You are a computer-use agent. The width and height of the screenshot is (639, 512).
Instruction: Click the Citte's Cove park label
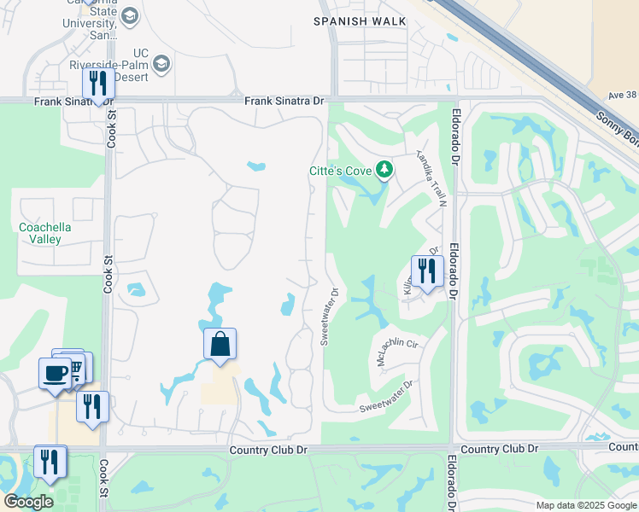340,172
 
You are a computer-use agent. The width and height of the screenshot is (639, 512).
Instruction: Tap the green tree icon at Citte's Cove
384,170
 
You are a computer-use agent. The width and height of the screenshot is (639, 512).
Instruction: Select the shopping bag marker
220,345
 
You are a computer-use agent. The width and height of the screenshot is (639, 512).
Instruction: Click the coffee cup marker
55,373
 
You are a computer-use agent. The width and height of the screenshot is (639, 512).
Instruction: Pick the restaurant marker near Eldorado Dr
426,271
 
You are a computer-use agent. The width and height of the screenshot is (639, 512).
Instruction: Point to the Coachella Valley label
45,233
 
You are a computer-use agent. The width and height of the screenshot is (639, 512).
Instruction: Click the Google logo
28,502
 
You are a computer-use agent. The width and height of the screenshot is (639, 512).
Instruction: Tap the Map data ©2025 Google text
585,505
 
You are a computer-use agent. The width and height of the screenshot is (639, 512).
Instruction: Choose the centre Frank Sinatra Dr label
284,101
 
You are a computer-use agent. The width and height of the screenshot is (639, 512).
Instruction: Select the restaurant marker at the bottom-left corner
50,462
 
